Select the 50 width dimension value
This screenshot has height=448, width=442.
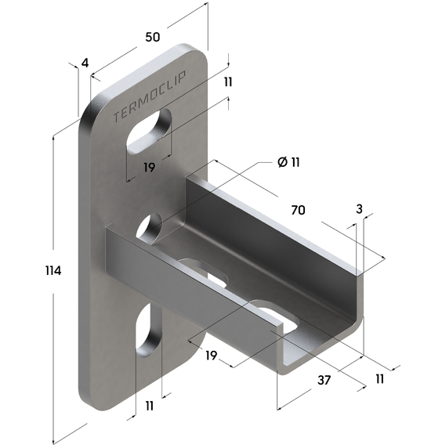click(x=153, y=37)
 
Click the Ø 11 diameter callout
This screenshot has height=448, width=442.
click(x=289, y=162)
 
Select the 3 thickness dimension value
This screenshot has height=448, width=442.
click(x=359, y=209)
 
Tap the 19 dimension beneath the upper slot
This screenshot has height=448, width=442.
click(x=150, y=167)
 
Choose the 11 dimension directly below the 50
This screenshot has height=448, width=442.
click(x=228, y=81)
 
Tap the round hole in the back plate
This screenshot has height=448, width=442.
click(x=149, y=228)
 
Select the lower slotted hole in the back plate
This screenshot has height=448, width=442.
click(x=147, y=330)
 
